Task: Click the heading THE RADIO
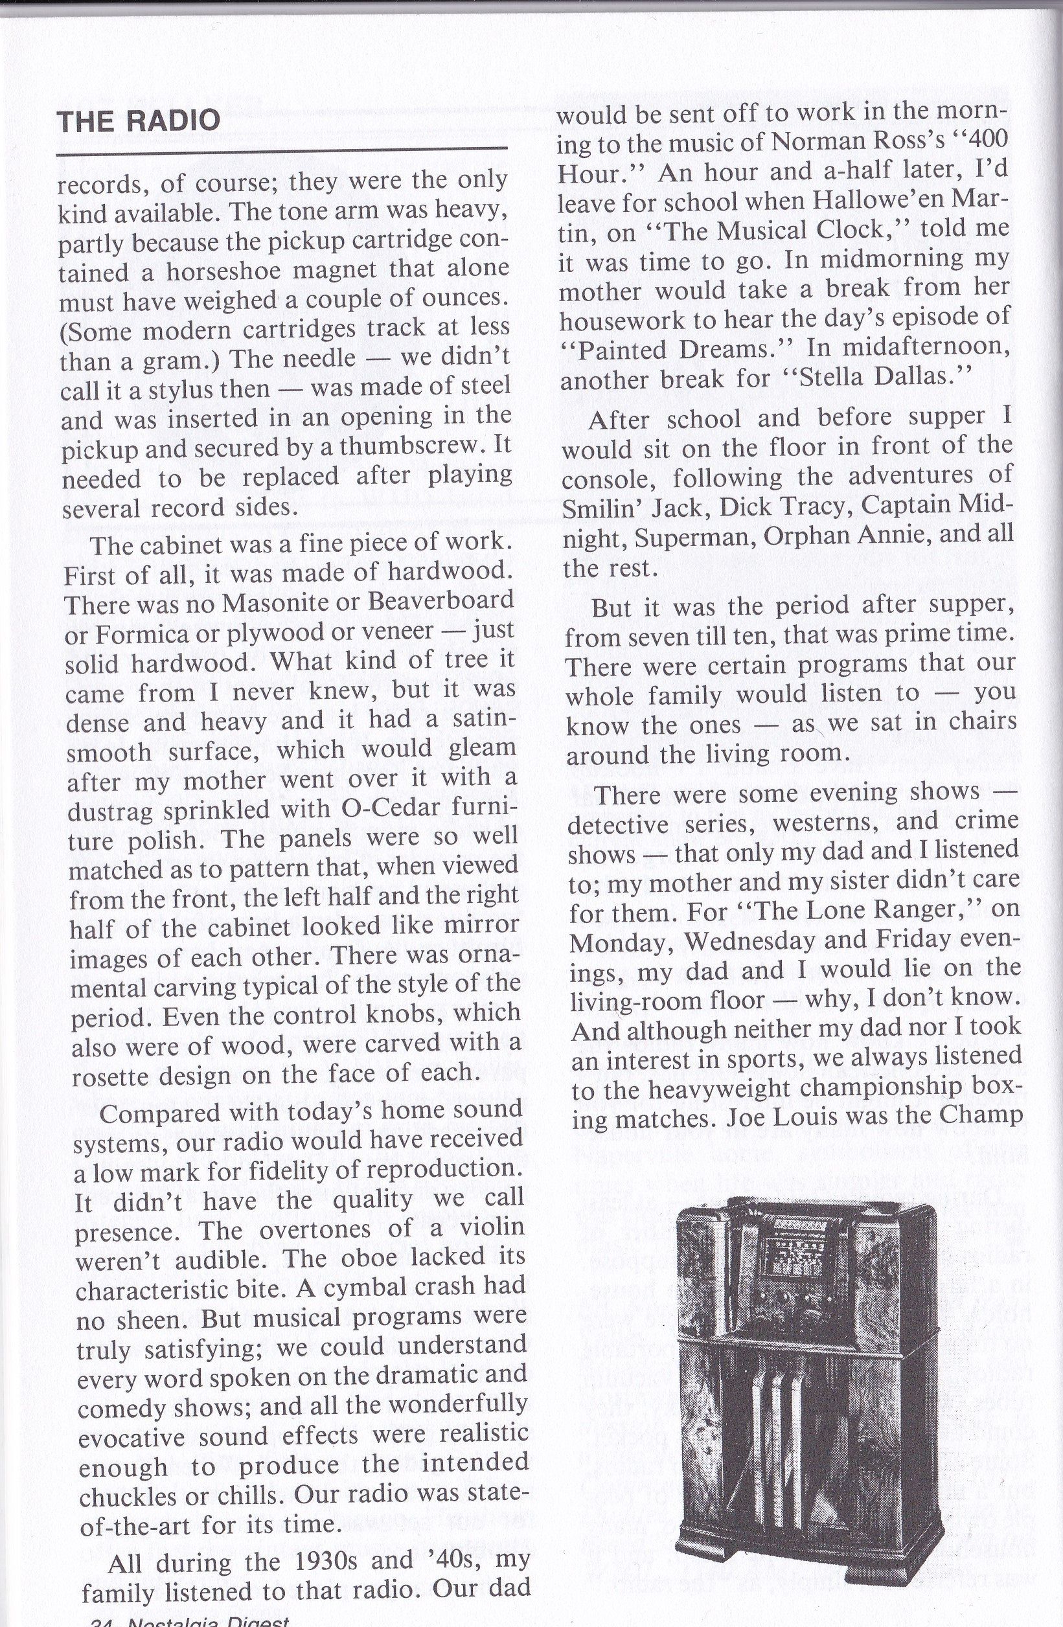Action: (x=139, y=121)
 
